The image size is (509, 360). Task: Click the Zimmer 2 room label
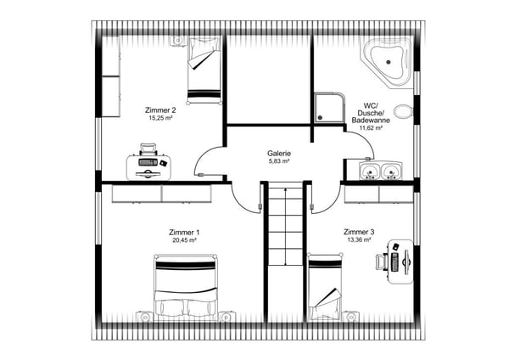(x=160, y=110)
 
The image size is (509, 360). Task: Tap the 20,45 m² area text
(x=183, y=240)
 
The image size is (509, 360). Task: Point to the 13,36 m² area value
(x=360, y=240)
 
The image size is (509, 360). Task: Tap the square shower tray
(x=329, y=107)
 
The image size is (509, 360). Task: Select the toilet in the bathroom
(x=406, y=110)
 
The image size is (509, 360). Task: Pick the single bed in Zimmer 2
(x=204, y=70)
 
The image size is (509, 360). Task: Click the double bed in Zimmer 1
(x=186, y=288)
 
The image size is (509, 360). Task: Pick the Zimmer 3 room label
(x=360, y=232)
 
